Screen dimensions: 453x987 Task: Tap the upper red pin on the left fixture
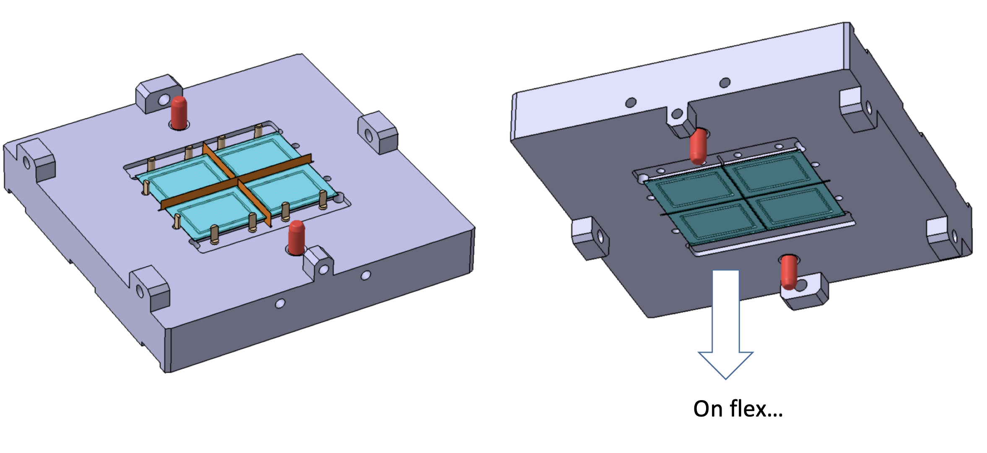(179, 112)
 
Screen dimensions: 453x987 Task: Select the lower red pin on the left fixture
(296, 237)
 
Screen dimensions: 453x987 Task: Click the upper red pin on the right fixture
(698, 146)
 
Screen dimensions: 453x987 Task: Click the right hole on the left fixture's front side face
(366, 275)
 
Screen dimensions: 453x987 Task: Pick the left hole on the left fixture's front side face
(280, 303)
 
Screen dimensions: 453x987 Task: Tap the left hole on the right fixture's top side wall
(631, 102)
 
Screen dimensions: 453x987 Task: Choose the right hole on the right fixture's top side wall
(725, 83)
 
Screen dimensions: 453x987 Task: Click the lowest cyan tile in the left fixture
(214, 212)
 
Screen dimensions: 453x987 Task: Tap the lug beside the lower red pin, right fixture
(805, 292)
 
